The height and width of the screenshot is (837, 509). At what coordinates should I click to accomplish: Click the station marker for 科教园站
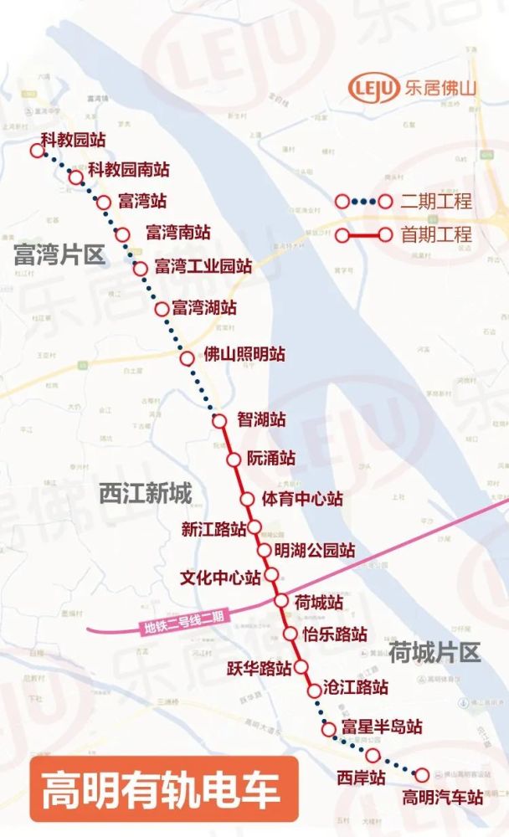pyautogui.click(x=36, y=151)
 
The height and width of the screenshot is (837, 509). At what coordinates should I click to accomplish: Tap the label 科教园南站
pyautogui.click(x=129, y=169)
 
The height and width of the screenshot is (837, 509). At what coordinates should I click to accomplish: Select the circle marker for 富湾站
pyautogui.click(x=104, y=202)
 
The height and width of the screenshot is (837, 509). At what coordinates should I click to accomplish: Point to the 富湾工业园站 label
pyautogui.click(x=203, y=267)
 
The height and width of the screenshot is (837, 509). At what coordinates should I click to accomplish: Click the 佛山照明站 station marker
pyautogui.click(x=188, y=358)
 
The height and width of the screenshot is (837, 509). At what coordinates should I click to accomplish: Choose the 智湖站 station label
pyautogui.click(x=261, y=419)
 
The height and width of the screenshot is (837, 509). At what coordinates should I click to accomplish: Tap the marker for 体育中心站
pyautogui.click(x=247, y=499)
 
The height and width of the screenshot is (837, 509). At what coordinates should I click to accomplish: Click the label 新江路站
pyautogui.click(x=213, y=529)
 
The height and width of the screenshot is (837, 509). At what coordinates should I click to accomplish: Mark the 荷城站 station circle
pyautogui.click(x=282, y=600)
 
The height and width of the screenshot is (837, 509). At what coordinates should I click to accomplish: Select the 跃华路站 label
pyautogui.click(x=259, y=668)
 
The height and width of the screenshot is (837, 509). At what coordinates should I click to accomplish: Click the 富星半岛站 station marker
pyautogui.click(x=329, y=729)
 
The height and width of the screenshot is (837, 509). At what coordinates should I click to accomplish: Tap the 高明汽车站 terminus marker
pyautogui.click(x=422, y=775)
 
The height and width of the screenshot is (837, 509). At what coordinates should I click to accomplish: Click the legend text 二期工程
pyautogui.click(x=435, y=202)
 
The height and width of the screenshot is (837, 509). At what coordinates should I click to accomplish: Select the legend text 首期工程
pyautogui.click(x=435, y=235)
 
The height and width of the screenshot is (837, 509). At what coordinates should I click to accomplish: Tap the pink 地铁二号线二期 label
pyautogui.click(x=183, y=623)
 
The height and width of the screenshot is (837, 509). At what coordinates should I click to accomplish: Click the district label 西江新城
pyautogui.click(x=145, y=494)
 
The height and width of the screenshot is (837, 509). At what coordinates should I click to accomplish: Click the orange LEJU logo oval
pyautogui.click(x=374, y=87)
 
